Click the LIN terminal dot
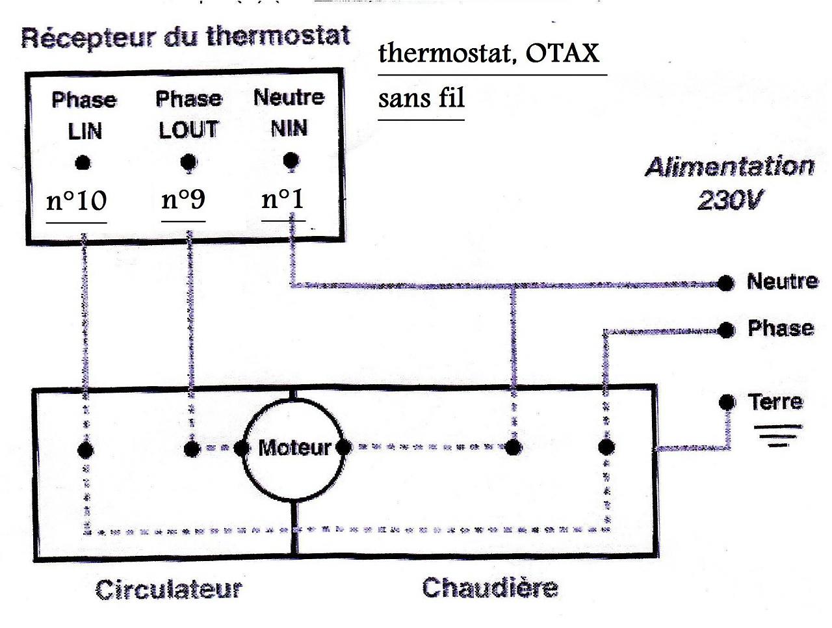click(83, 163)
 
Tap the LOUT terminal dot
click(188, 161)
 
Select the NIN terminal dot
click(291, 160)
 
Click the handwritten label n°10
click(76, 201)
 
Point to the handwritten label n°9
click(183, 200)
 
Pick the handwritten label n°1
click(283, 198)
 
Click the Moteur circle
click(294, 447)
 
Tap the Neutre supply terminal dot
click(726, 282)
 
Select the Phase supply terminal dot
click(727, 330)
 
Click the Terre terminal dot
click(727, 402)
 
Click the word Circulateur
click(168, 590)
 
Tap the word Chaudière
click(489, 588)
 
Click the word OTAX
click(562, 53)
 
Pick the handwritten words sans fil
click(421, 98)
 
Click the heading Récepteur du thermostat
click(185, 36)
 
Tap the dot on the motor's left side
click(242, 448)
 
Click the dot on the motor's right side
click(344, 447)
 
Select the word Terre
click(775, 402)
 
